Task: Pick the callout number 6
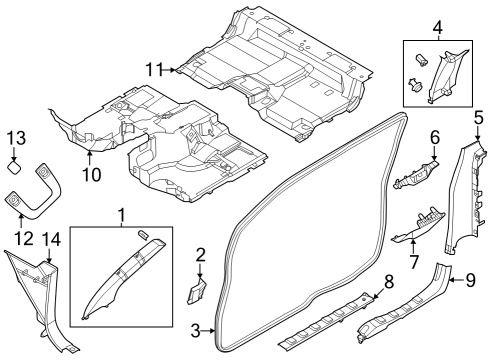(435, 137)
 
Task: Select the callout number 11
(153, 69)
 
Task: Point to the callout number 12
(22, 237)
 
